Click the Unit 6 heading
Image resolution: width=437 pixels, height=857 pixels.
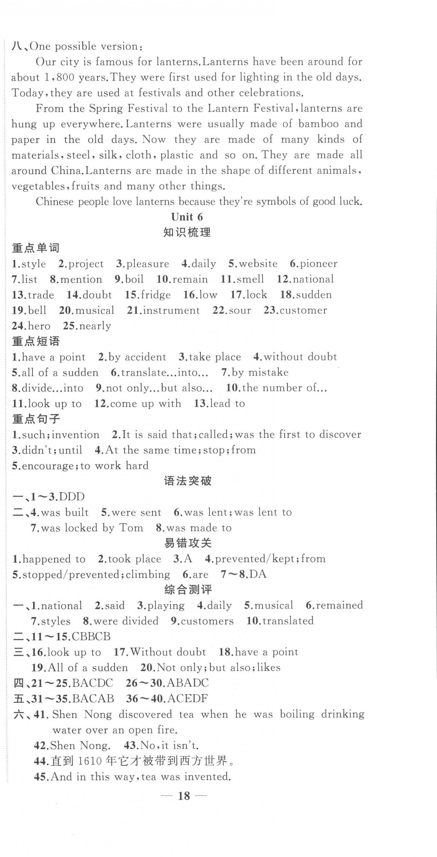pyautogui.click(x=187, y=217)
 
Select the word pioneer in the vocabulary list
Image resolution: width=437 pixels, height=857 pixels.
pyautogui.click(x=318, y=264)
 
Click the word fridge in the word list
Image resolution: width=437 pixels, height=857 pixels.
pyautogui.click(x=156, y=295)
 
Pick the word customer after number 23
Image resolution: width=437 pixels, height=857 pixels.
pyautogui.click(x=303, y=310)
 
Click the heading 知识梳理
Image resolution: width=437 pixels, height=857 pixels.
pyautogui.click(x=187, y=233)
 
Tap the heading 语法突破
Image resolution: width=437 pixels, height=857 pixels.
pyautogui.click(x=188, y=481)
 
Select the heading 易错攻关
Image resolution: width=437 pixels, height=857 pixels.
pyautogui.click(x=188, y=543)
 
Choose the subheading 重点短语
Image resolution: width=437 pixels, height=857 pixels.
pyautogui.click(x=36, y=341)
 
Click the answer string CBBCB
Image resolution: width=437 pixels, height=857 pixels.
pyautogui.click(x=91, y=637)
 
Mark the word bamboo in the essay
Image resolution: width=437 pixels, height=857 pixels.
pyautogui.click(x=318, y=124)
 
